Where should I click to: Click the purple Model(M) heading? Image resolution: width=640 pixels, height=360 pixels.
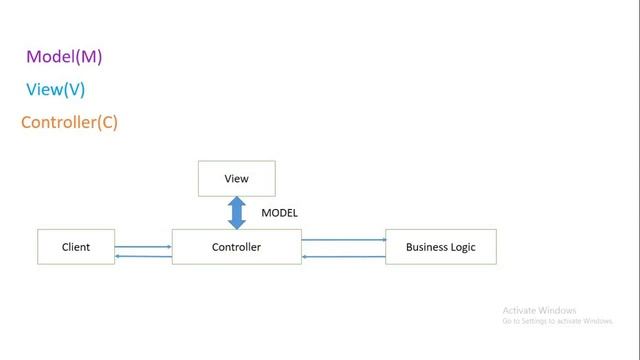[64, 57]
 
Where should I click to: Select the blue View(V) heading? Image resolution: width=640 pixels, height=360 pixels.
[55, 90]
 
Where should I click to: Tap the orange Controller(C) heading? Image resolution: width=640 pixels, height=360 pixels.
[69, 123]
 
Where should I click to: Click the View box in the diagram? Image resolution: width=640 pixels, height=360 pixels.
[236, 179]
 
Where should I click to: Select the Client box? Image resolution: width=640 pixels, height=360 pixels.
[76, 247]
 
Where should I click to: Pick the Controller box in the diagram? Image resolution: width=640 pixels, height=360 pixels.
[236, 247]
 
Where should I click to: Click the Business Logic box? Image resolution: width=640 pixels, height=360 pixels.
[440, 247]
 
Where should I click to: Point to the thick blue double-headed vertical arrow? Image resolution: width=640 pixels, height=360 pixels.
[237, 212]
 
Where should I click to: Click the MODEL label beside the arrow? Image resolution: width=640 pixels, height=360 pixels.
[279, 213]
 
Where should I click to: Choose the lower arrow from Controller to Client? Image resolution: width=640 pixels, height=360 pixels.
[143, 257]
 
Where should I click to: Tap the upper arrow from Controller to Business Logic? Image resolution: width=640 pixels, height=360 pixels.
[343, 240]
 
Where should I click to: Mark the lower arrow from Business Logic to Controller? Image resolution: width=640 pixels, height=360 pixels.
[343, 257]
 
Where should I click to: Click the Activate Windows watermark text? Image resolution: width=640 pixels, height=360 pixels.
[539, 310]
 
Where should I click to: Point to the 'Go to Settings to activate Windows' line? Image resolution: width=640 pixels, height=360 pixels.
[557, 321]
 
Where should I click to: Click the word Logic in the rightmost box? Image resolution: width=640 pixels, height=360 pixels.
[461, 247]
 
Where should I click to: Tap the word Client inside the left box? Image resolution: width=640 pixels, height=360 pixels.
[76, 247]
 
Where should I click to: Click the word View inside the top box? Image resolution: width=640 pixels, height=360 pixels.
[236, 179]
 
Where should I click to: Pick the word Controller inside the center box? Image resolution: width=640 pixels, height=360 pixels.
[236, 247]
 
